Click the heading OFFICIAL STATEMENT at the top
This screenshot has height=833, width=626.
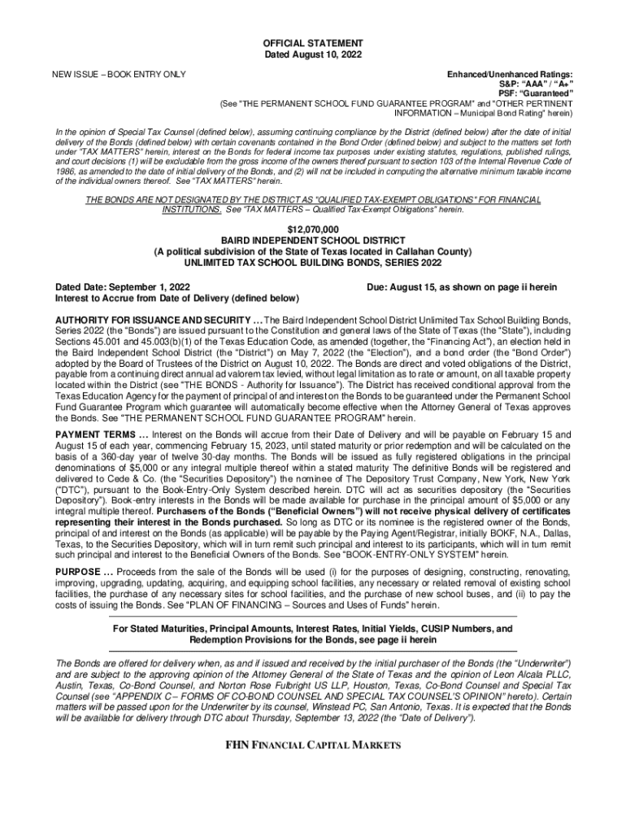point(313,42)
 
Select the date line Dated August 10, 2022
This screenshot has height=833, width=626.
point(313,54)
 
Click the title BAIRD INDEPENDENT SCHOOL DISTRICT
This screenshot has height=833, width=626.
point(313,242)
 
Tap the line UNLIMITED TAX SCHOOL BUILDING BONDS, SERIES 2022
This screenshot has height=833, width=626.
point(313,264)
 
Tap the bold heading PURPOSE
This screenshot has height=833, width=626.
point(77,572)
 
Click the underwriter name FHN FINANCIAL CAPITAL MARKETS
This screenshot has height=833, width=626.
point(313,746)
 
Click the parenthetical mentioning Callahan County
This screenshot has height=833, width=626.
point(313,252)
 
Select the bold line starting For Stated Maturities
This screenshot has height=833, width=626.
point(313,629)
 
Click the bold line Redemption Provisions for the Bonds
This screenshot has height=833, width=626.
point(313,640)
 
